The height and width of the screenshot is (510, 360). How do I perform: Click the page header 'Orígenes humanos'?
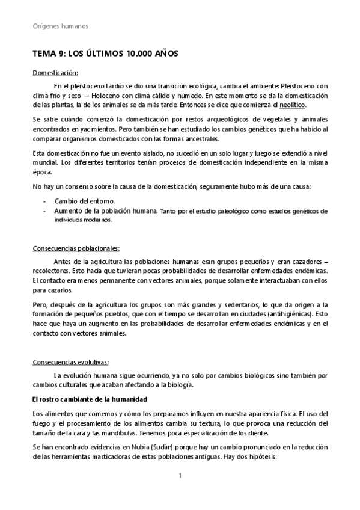pyautogui.click(x=59, y=26)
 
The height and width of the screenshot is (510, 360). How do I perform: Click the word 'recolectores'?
pyautogui.click(x=51, y=271)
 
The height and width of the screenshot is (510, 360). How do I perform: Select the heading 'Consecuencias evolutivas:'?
pyautogui.click(x=70, y=362)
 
